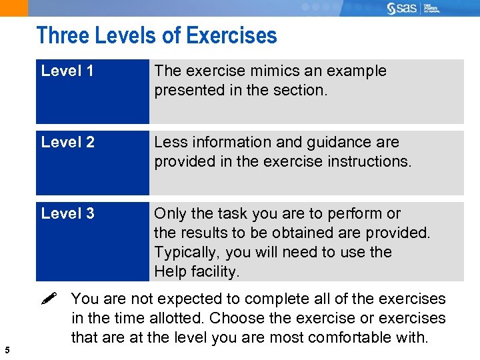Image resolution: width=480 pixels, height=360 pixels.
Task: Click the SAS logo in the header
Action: click(402, 8)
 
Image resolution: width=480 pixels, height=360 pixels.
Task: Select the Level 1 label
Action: click(67, 71)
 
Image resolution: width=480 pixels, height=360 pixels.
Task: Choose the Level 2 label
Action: click(67, 142)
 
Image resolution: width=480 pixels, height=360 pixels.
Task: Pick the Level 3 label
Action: click(67, 213)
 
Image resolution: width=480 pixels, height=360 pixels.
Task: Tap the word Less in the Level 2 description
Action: click(169, 142)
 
